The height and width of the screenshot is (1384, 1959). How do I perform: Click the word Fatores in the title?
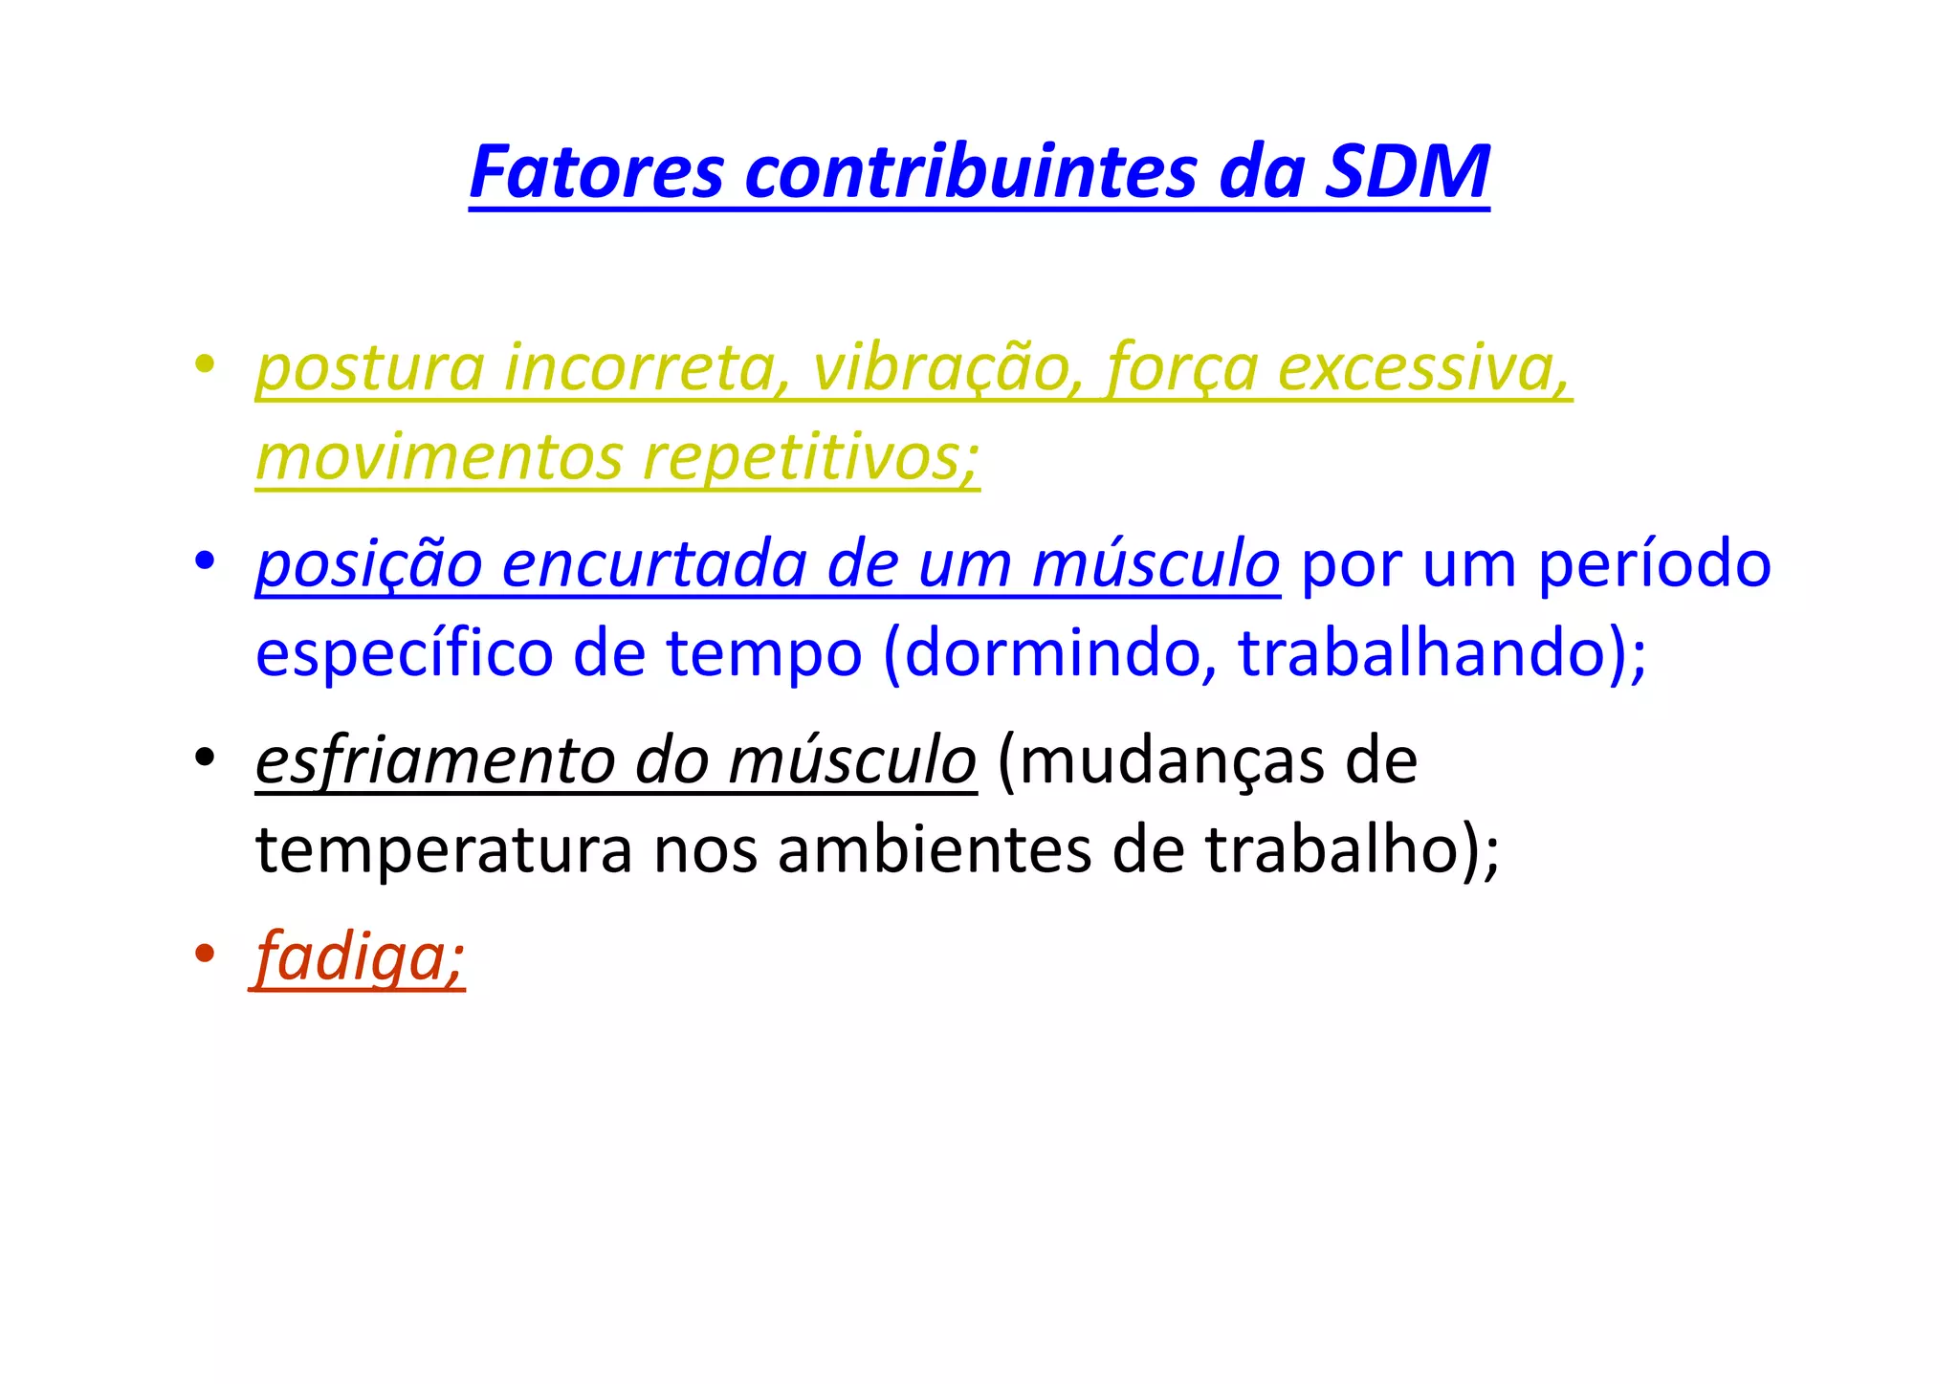(596, 172)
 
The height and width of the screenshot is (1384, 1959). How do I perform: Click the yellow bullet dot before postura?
(203, 364)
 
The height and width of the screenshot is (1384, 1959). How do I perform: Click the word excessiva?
(1423, 368)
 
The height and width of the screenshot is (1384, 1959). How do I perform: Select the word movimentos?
(439, 457)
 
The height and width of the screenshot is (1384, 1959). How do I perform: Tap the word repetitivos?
(811, 457)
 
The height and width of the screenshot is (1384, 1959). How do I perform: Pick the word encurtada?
(653, 564)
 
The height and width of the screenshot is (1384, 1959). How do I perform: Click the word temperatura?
(444, 850)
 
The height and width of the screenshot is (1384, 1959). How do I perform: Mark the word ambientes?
(934, 850)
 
